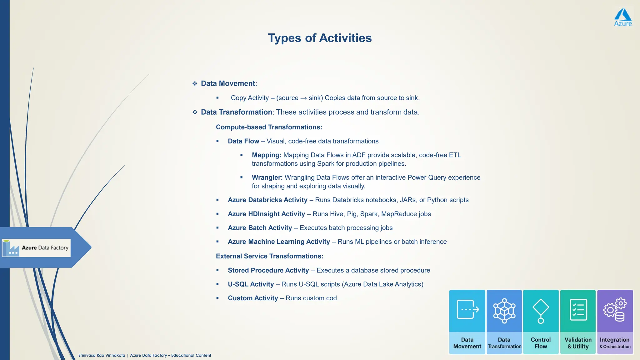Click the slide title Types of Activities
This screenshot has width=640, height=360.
pos(320,38)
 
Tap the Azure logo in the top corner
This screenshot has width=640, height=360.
pos(623,17)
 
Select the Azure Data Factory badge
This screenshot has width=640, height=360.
pos(36,248)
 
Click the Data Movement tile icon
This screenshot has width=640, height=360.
pos(467,309)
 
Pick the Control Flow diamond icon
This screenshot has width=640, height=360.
pos(541,311)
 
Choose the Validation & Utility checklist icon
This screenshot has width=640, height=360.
pos(578,310)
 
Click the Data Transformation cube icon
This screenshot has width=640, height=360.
pos(504,311)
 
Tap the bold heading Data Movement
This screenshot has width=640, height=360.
pos(228,83)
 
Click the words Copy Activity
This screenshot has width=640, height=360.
pos(250,98)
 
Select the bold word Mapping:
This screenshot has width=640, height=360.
pos(267,155)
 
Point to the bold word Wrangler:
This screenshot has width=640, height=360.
pos(267,177)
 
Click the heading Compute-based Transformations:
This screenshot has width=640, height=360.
pos(269,127)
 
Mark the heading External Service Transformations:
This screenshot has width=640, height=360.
pos(269,256)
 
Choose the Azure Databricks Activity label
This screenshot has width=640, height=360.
pos(267,200)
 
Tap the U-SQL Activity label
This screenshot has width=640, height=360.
pos(251,284)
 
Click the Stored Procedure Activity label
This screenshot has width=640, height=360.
pos(268,270)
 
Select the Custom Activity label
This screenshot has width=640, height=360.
pos(253,298)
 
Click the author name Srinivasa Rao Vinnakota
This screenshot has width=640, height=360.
pos(102,355)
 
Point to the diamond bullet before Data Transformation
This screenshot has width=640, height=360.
pos(195,112)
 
